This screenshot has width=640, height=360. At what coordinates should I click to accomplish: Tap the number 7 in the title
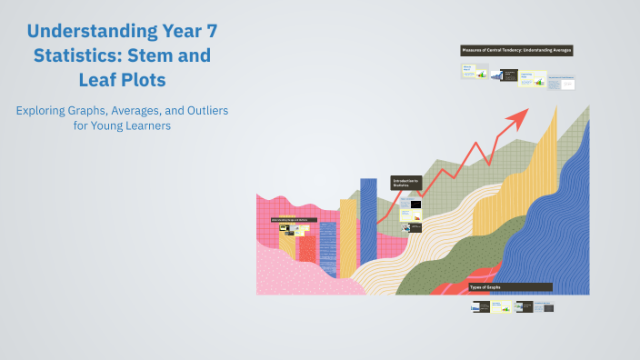click(209, 32)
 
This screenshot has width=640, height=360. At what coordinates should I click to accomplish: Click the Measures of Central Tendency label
click(516, 50)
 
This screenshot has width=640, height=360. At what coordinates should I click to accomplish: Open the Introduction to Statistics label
click(406, 183)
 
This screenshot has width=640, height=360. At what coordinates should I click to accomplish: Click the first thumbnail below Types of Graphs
click(480, 307)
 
